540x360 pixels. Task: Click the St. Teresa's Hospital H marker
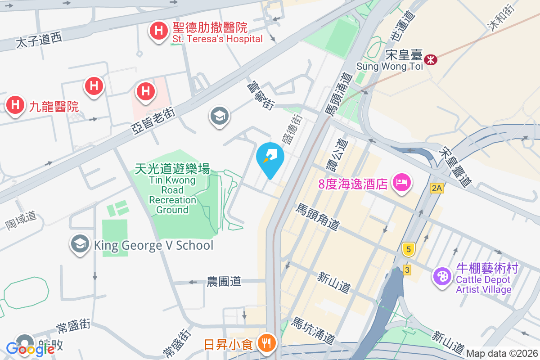pyautogui.click(x=158, y=31)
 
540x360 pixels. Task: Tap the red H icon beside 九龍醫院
pyautogui.click(x=15, y=106)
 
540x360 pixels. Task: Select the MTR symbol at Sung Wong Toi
pyautogui.click(x=431, y=59)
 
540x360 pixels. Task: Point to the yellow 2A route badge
pyautogui.click(x=436, y=188)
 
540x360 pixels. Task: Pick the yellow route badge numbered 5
pyautogui.click(x=408, y=249)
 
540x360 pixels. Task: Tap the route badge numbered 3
pyautogui.click(x=407, y=270)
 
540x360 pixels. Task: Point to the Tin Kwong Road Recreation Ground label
pyautogui.click(x=172, y=189)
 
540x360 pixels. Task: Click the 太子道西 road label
pyautogui.click(x=39, y=41)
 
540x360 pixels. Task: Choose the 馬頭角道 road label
pyautogui.click(x=317, y=216)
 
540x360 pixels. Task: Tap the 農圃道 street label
pyautogui.click(x=224, y=282)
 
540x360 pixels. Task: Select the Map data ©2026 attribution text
pyautogui.click(x=502, y=354)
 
